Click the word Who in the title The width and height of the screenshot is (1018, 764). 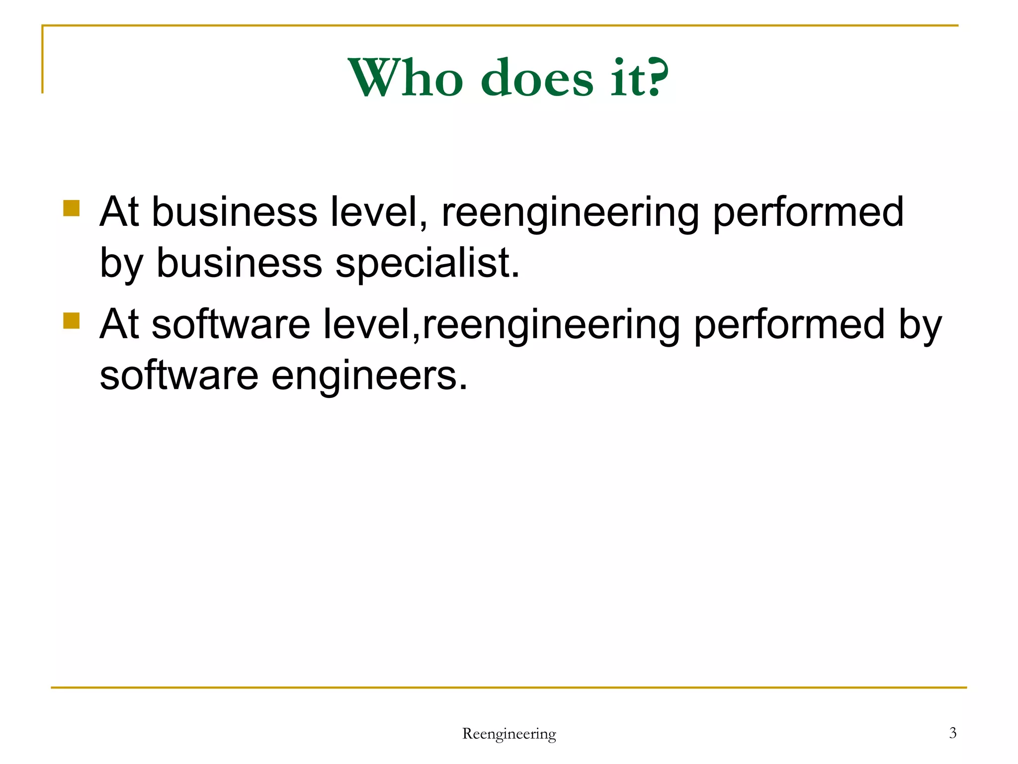[405, 78]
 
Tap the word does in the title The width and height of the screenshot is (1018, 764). [537, 78]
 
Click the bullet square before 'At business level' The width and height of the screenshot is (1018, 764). [72, 208]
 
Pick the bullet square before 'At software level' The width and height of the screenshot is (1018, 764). [72, 321]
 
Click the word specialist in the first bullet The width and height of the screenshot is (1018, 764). [427, 263]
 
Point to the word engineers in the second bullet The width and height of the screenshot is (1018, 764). [369, 376]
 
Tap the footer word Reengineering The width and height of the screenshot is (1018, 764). [509, 734]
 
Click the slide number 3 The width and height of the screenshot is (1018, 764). [952, 733]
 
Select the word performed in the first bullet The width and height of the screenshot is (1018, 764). [808, 212]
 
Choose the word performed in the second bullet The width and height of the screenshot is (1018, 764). [789, 325]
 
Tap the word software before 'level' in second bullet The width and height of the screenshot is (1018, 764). [231, 325]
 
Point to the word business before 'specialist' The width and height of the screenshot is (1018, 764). [239, 263]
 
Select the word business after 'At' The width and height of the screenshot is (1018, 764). [234, 212]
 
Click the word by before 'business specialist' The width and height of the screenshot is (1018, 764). [121, 264]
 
